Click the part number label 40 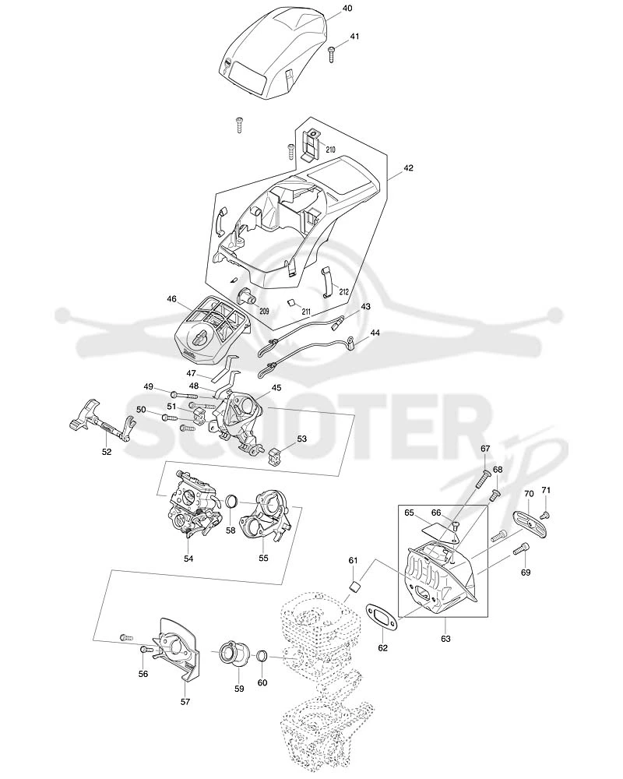click(348, 9)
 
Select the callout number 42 click(408, 168)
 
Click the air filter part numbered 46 click(212, 329)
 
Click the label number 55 click(263, 558)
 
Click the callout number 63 click(445, 639)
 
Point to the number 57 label click(185, 702)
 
